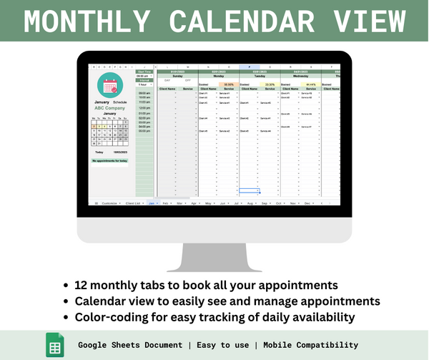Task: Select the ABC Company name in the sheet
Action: point(109,107)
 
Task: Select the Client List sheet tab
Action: point(134,203)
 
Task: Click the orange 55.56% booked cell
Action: point(228,84)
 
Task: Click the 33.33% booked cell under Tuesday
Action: point(270,84)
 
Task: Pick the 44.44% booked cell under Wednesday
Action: point(311,84)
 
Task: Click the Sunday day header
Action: point(177,74)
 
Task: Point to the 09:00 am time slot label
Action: point(144,93)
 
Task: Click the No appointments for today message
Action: point(109,160)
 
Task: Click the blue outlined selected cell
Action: point(249,190)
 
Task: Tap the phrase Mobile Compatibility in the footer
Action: point(311,345)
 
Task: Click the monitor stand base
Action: point(214,267)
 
